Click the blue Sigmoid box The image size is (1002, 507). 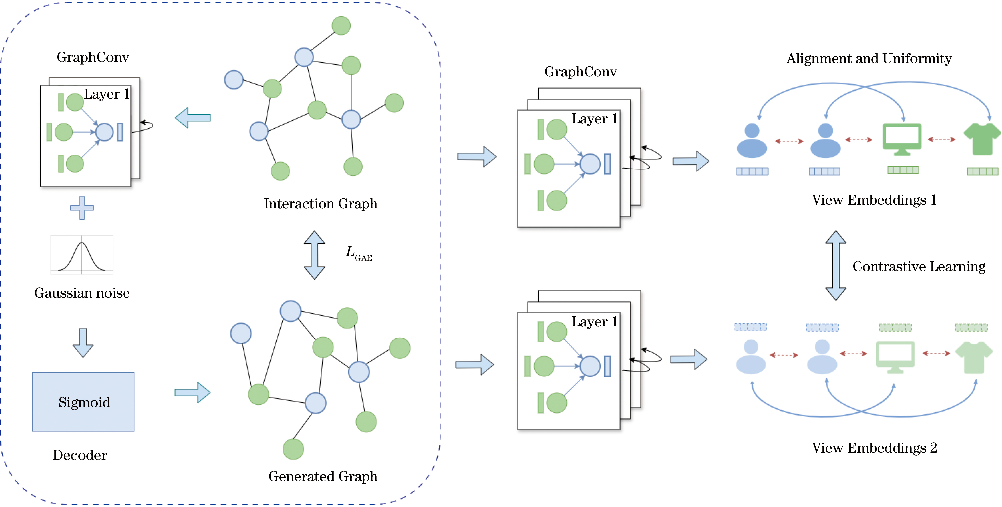coord(83,402)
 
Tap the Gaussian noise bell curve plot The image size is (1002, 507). coord(82,255)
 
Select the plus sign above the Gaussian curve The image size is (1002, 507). coord(82,208)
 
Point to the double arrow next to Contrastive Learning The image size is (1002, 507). coord(836,265)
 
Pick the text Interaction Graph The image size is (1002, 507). coord(321,203)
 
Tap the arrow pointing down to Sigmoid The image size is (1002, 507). coord(83,342)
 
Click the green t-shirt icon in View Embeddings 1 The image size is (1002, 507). coord(982,139)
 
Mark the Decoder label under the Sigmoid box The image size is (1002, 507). coord(80,455)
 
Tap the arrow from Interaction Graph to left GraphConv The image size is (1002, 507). coord(193,118)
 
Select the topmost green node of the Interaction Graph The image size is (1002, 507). coord(341,26)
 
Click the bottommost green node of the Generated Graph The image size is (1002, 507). coord(293,449)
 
